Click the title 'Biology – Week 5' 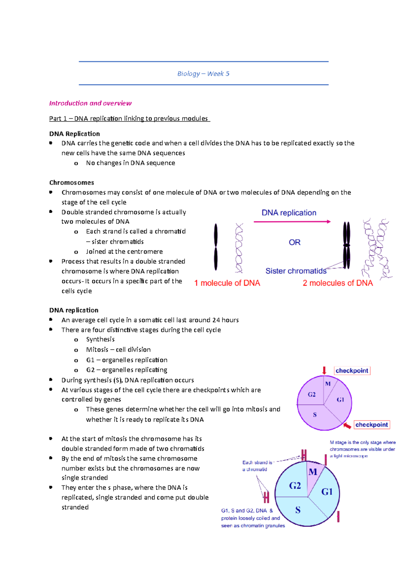tap(203, 74)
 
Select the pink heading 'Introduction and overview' tap(90, 103)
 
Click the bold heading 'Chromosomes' tap(72, 183)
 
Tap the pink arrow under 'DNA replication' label tap(292, 222)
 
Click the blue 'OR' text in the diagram tap(294, 242)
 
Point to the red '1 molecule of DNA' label tap(227, 283)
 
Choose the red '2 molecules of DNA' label tap(337, 283)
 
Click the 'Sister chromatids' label tap(296, 271)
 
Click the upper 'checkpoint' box tap(352, 371)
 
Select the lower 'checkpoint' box tap(371, 425)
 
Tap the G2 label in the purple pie tap(312, 395)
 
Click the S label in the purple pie tap(315, 415)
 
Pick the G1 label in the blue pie tap(327, 492)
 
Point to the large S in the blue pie tap(298, 510)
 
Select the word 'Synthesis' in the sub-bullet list tap(100, 339)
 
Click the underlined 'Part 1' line tap(129, 118)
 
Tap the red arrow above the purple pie tap(324, 370)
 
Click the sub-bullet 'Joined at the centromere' tap(124, 251)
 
